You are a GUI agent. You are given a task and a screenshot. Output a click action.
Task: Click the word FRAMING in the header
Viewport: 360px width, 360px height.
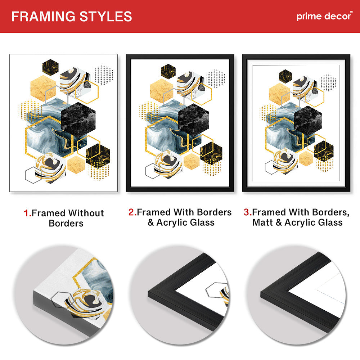coord(43,17)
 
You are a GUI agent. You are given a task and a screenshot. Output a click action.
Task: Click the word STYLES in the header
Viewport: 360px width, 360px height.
coord(105,17)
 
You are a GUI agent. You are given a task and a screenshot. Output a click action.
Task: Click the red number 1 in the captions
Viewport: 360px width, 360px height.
coord(27,213)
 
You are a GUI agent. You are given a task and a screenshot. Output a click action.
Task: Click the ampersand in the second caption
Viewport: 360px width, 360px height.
coord(150,222)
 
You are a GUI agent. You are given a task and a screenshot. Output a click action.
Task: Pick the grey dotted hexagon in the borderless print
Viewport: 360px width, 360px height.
coord(103,75)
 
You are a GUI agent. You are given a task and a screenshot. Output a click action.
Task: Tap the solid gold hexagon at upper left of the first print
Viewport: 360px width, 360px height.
coord(43,89)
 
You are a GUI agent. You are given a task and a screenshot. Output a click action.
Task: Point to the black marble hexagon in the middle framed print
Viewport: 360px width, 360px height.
coord(194,120)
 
